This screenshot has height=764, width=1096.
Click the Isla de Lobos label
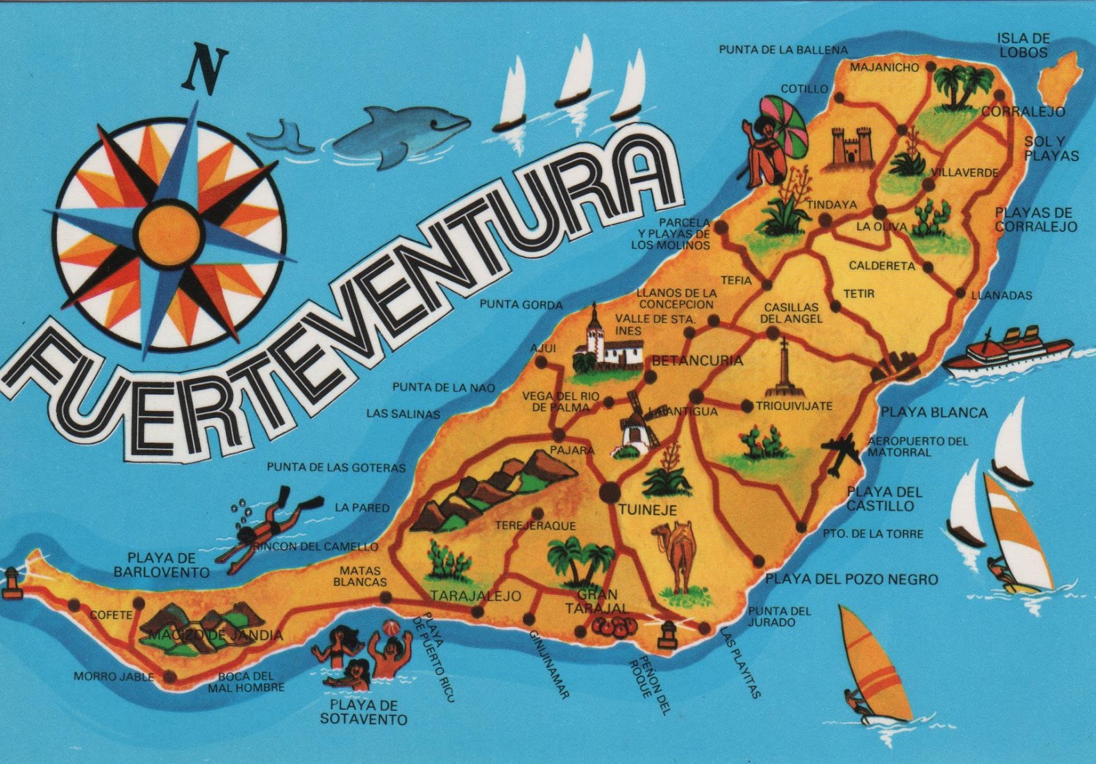[x=1023, y=45]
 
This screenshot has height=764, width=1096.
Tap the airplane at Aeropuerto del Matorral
[x=840, y=452]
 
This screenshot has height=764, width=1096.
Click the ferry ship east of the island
[x=1007, y=353]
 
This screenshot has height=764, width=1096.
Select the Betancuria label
[x=697, y=361]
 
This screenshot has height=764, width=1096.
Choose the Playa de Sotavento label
[x=363, y=712]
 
